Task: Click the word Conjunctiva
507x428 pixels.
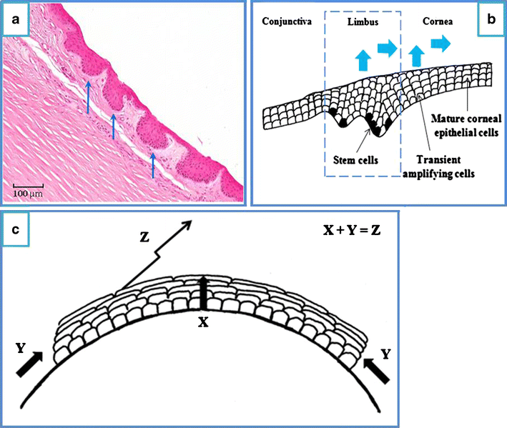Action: click(286, 21)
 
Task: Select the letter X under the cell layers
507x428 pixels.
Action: click(202, 322)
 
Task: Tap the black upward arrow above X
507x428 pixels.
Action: click(202, 295)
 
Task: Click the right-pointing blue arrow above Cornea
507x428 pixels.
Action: click(440, 45)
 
